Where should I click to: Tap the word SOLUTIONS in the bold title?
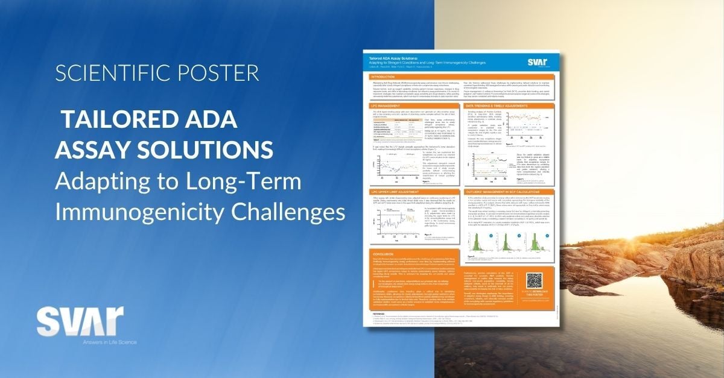[x=202, y=148]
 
